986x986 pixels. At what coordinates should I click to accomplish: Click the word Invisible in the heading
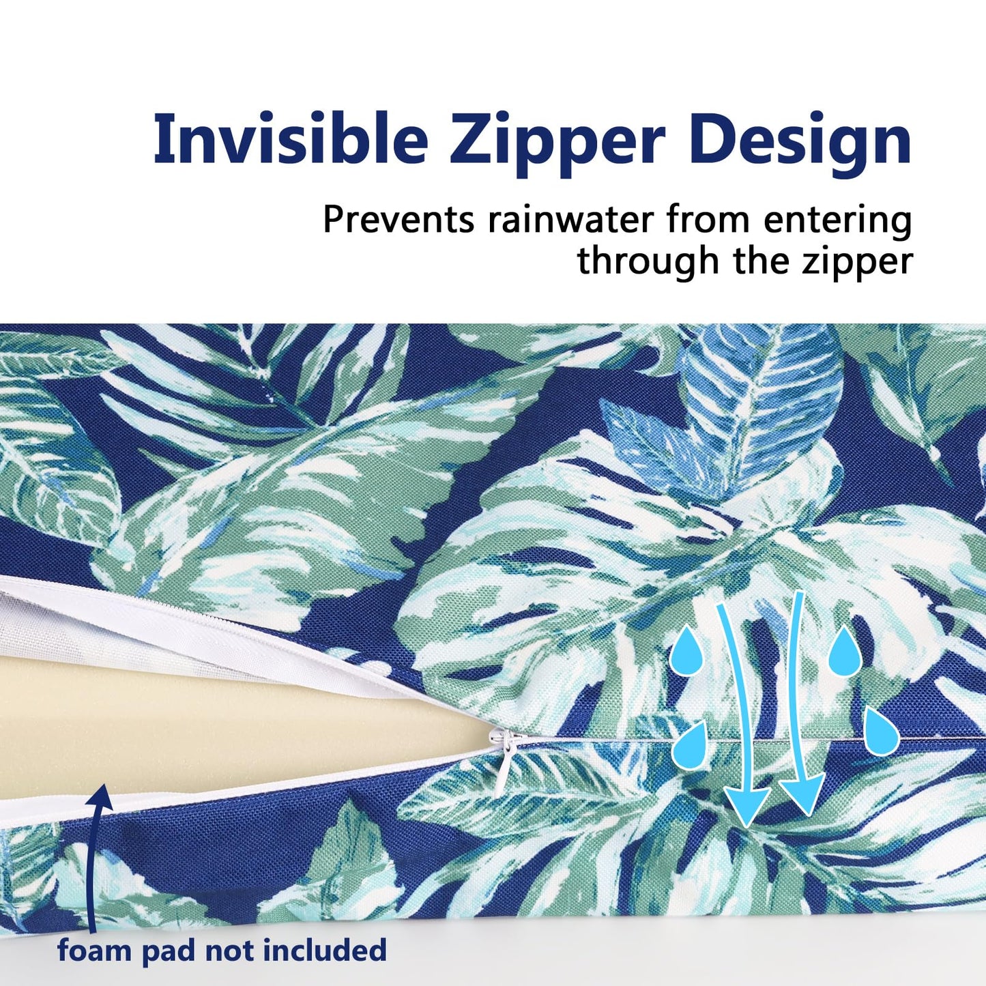pos(291,139)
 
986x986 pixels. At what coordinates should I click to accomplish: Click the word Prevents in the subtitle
pos(398,220)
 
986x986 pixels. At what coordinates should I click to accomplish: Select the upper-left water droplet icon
pos(685,651)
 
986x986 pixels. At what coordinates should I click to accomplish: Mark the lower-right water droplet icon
pos(882,731)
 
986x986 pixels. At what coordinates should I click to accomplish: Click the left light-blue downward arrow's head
pos(746,805)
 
